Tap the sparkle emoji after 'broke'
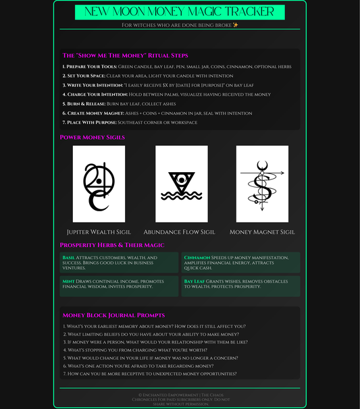coord(235,25)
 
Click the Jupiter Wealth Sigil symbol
coord(99,184)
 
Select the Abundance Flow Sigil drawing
coord(182,184)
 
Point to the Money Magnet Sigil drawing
coord(262,184)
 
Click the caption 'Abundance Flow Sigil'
coord(180,231)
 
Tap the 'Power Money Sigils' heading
coord(93,137)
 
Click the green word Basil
coord(68,258)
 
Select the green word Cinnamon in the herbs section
coord(197,258)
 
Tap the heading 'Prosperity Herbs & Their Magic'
coord(112,245)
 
